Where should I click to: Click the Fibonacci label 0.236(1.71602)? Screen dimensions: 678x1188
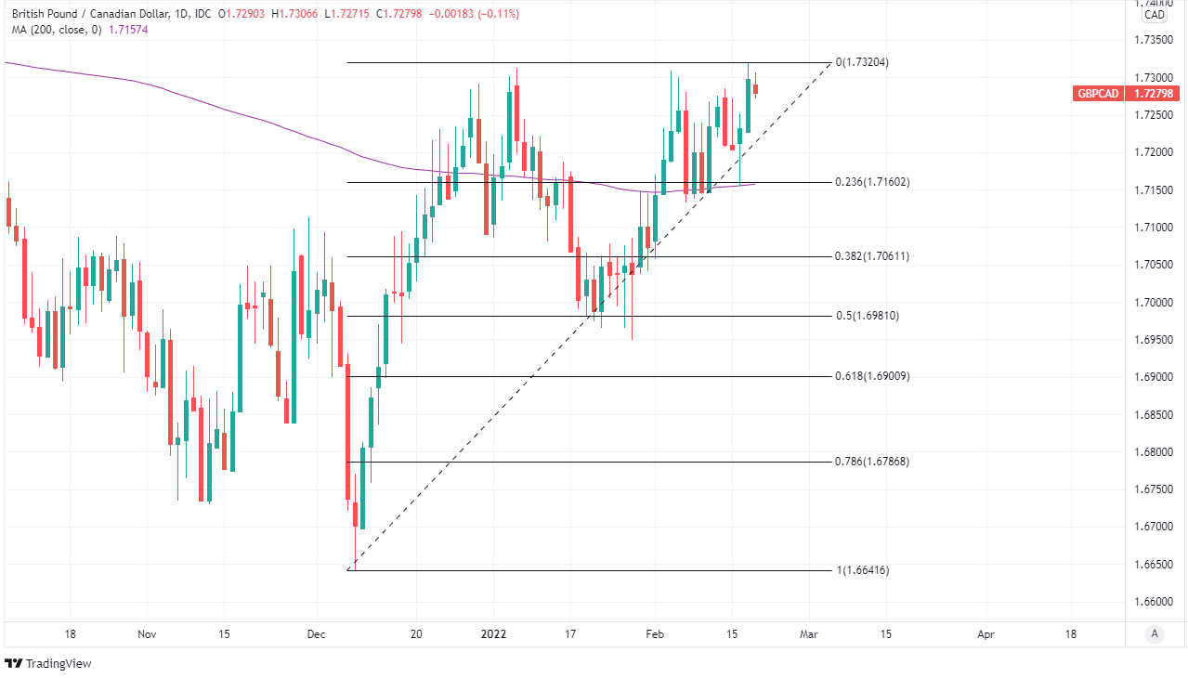pyautogui.click(x=871, y=182)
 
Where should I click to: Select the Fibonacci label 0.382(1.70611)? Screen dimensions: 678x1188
pyautogui.click(x=871, y=256)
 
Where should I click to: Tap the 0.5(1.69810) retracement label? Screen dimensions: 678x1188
pyautogui.click(x=868, y=316)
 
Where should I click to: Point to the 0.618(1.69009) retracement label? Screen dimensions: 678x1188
pyautogui.click(x=871, y=376)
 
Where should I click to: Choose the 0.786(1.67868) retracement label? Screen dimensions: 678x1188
pyautogui.click(x=871, y=462)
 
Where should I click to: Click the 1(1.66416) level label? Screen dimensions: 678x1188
pyautogui.click(x=863, y=570)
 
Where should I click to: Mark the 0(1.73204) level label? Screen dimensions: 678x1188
pyautogui.click(x=863, y=62)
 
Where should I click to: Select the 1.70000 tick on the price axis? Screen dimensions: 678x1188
pyautogui.click(x=1154, y=303)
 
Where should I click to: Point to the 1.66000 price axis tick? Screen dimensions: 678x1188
pyautogui.click(x=1154, y=602)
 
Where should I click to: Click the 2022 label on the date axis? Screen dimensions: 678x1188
pyautogui.click(x=494, y=633)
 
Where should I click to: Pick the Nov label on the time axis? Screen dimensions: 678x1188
pyautogui.click(x=146, y=633)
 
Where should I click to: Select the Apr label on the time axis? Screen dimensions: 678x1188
pyautogui.click(x=986, y=633)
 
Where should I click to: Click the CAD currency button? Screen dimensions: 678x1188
pyautogui.click(x=1154, y=15)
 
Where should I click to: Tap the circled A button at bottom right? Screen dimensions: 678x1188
pyautogui.click(x=1155, y=633)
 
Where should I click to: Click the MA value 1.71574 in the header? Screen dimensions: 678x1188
pyautogui.click(x=129, y=30)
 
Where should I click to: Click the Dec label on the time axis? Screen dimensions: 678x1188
pyautogui.click(x=316, y=633)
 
